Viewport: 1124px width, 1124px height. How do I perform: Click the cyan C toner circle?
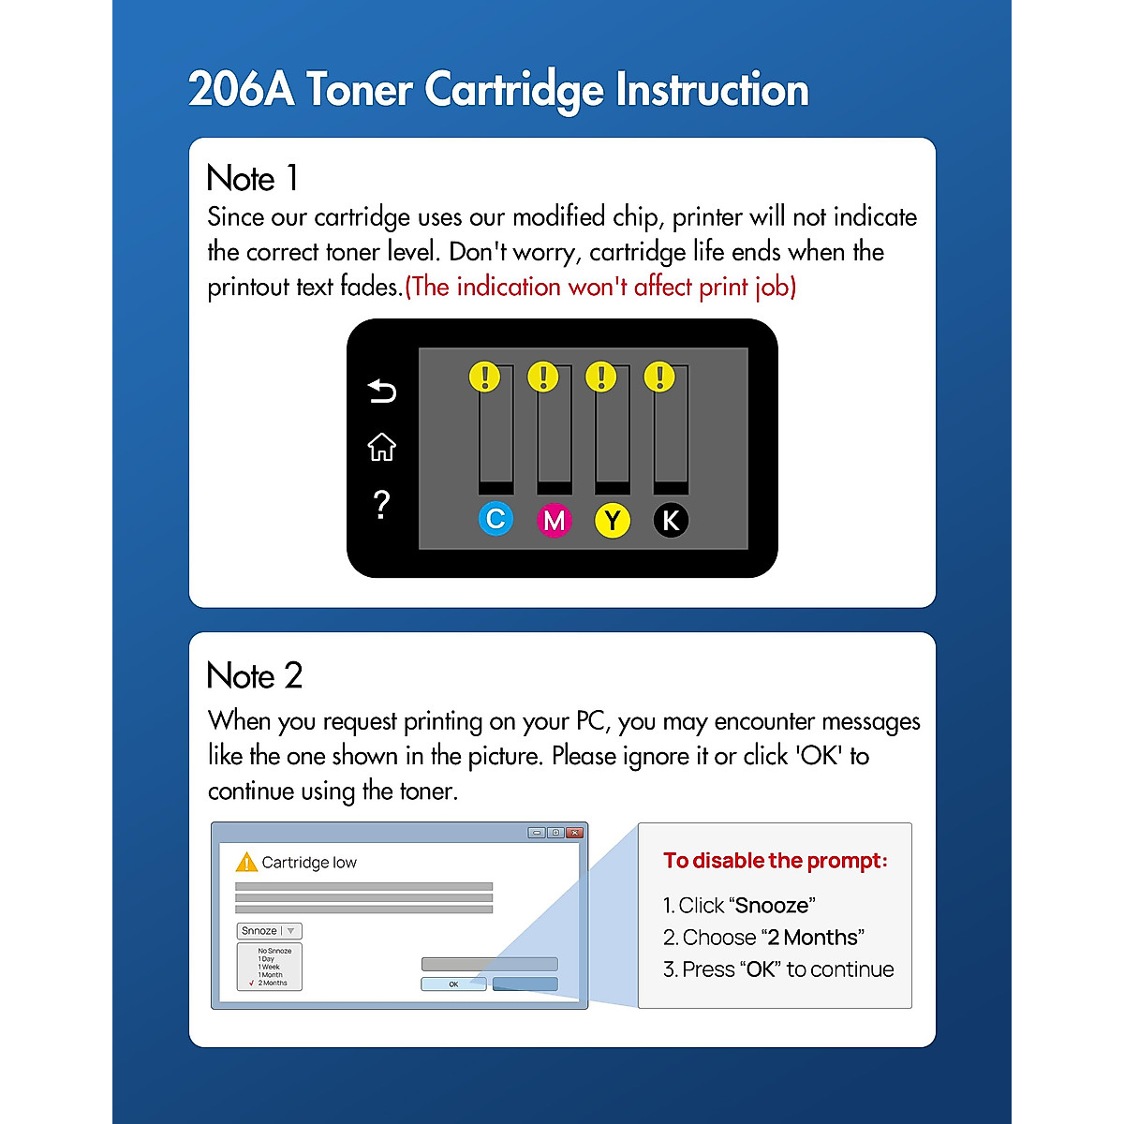click(x=495, y=519)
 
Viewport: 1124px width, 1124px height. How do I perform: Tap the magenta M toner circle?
click(x=555, y=520)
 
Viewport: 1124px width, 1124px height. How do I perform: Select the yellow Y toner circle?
click(x=613, y=520)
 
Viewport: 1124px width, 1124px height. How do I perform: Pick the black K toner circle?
click(x=671, y=520)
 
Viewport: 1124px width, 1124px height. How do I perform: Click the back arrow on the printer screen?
click(x=381, y=391)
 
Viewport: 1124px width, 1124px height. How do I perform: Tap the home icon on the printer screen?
click(x=381, y=447)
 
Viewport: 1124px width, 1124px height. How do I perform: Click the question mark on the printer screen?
click(x=381, y=505)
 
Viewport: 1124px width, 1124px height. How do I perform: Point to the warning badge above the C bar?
click(x=484, y=377)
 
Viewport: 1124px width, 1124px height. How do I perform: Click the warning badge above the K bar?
click(x=659, y=377)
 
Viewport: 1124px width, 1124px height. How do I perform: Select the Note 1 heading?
click(x=252, y=178)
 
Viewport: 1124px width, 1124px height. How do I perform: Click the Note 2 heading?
click(x=254, y=675)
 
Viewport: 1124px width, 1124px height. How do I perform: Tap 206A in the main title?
click(x=241, y=90)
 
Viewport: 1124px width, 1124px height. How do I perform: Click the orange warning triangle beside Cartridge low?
click(x=246, y=862)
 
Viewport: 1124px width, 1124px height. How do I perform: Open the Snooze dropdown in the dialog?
click(x=269, y=931)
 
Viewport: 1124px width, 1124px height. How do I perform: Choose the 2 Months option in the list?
click(x=274, y=983)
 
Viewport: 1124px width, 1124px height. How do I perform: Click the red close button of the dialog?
click(x=575, y=833)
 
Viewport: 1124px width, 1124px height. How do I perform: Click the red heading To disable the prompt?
click(x=775, y=861)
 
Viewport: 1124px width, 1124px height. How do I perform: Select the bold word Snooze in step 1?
click(x=772, y=906)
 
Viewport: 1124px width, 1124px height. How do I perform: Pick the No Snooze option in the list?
click(x=274, y=951)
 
